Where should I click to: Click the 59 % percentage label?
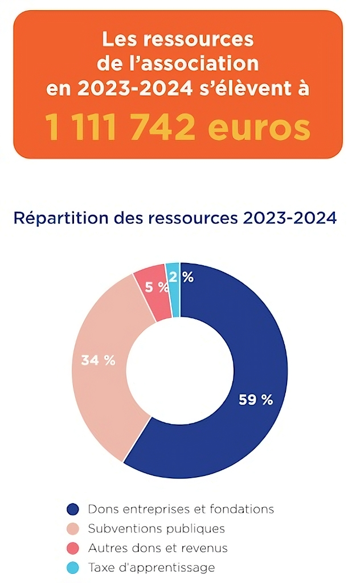click(x=256, y=400)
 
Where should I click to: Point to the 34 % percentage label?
click(x=98, y=360)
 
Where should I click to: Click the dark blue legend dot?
click(x=72, y=509)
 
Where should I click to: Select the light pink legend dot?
click(x=72, y=529)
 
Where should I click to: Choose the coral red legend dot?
click(x=72, y=548)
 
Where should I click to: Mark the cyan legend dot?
click(x=72, y=568)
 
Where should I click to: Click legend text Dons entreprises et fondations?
click(x=181, y=509)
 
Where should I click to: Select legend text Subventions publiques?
click(x=156, y=529)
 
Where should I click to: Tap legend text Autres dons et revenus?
click(x=157, y=548)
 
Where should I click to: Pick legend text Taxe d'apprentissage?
click(x=151, y=568)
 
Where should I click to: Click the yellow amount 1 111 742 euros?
click(x=178, y=128)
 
